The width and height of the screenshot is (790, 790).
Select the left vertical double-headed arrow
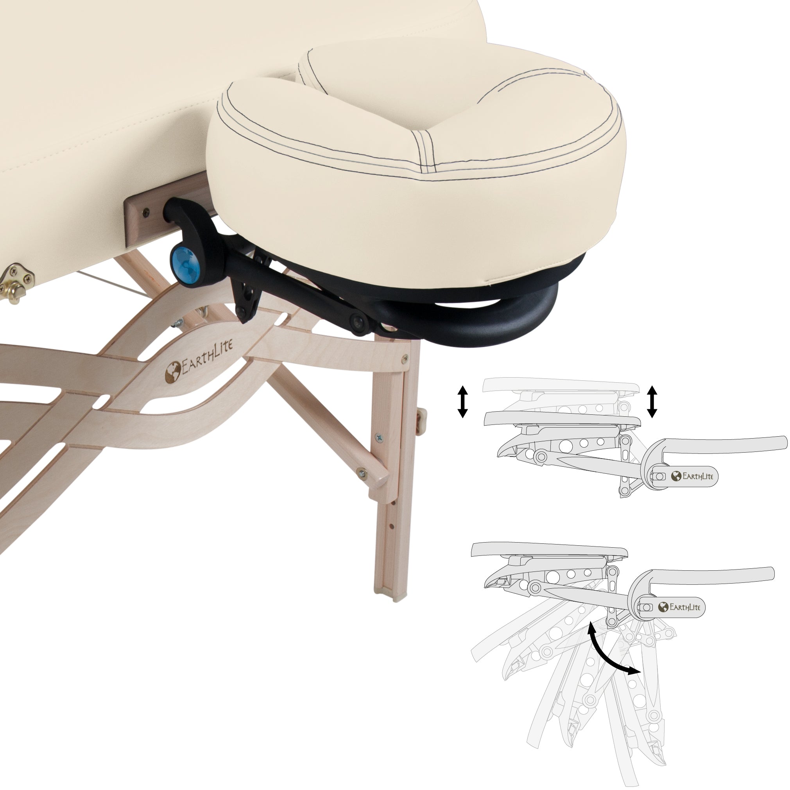tap(462, 401)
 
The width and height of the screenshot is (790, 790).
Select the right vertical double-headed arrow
tap(652, 401)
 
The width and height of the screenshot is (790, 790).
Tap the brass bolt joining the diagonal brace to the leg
tap(362, 473)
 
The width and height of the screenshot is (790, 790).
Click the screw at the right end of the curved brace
tap(405, 358)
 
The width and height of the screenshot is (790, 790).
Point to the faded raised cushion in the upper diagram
tap(560, 385)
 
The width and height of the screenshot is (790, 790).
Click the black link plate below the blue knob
tap(247, 299)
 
